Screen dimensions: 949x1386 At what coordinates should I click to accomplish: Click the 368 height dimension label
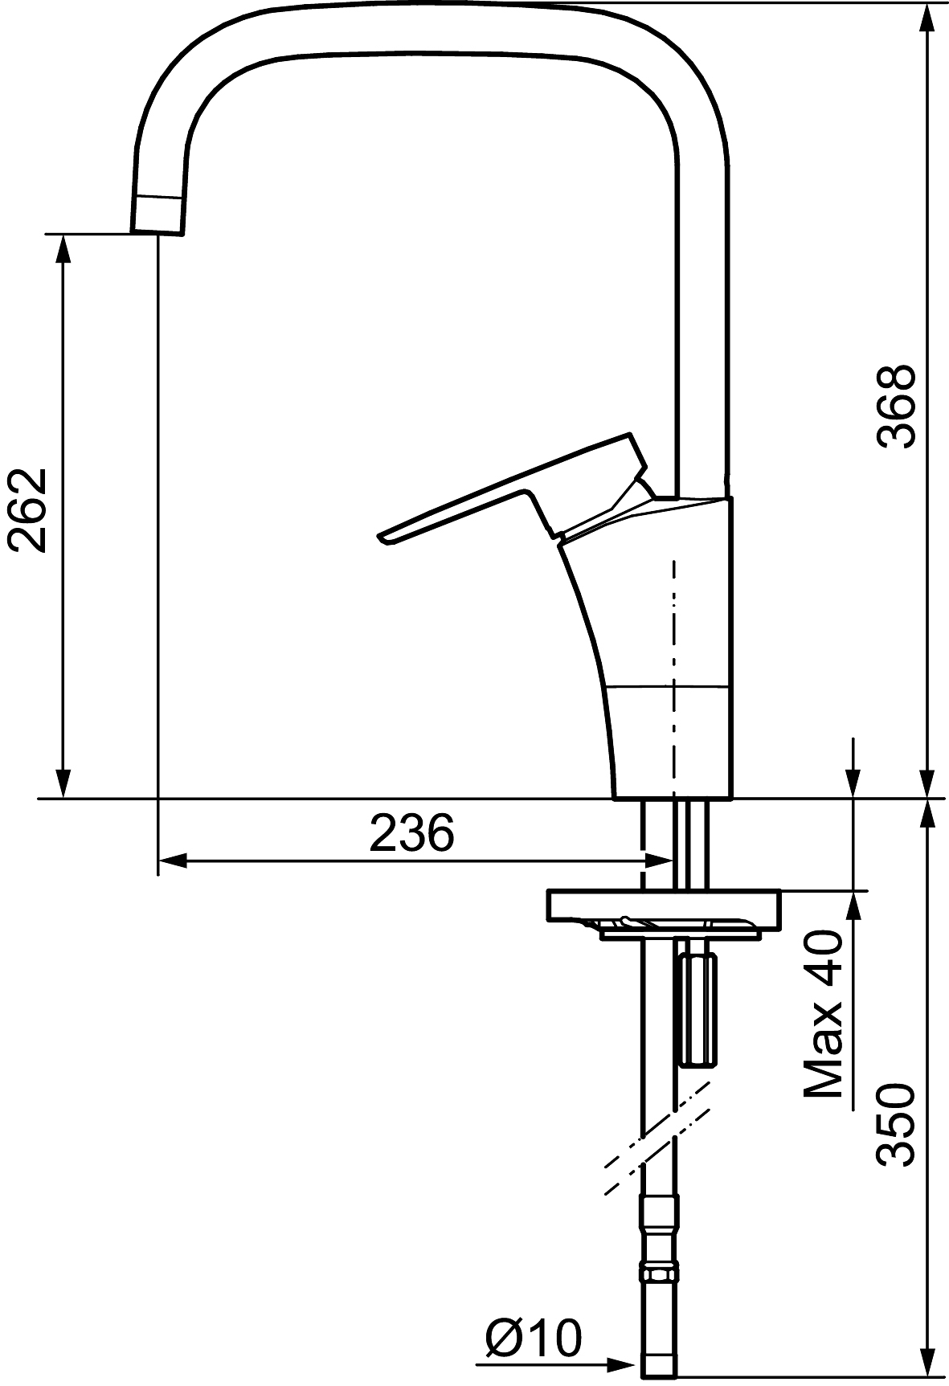895,406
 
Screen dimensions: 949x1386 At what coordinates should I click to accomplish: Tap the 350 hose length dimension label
895,1124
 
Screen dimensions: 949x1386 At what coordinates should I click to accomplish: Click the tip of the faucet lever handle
380,537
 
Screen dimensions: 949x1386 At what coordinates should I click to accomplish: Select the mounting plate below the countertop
662,908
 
